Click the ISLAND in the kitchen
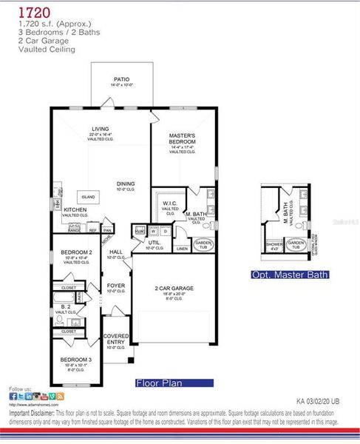click(88, 196)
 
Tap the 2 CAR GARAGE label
click(174, 288)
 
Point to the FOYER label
click(116, 284)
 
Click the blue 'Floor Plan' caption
click(174, 383)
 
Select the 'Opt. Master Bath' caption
click(290, 275)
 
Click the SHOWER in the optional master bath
click(274, 245)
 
